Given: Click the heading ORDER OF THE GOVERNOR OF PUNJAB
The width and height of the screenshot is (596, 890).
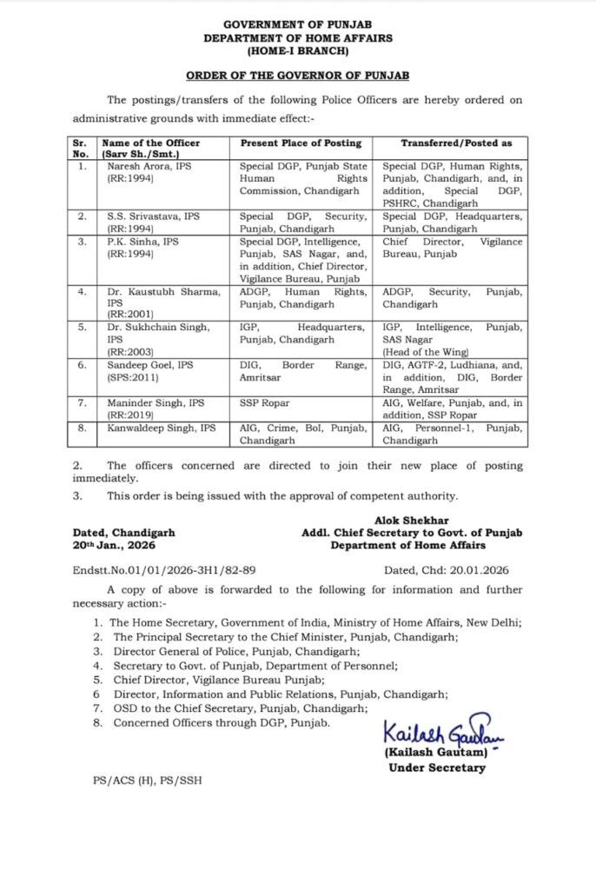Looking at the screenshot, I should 298,76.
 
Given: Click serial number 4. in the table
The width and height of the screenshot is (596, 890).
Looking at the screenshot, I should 80,292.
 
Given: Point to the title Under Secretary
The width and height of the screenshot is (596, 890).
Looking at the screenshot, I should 437,767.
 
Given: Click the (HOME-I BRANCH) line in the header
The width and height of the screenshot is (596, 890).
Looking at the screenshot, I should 298,51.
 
